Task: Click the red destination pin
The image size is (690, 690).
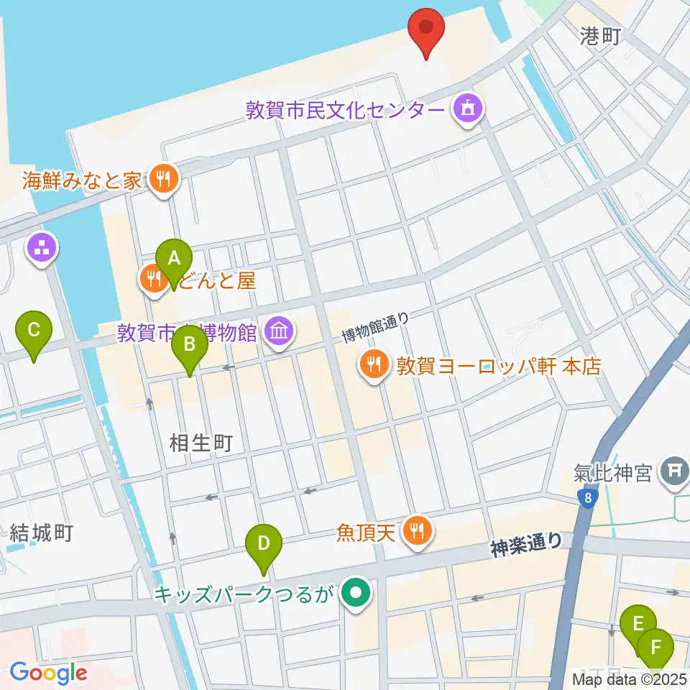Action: click(x=426, y=30)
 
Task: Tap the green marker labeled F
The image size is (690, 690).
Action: click(x=655, y=647)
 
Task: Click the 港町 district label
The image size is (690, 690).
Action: click(x=600, y=37)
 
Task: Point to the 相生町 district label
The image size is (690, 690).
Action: click(x=201, y=443)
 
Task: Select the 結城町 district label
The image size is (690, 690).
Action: click(x=42, y=533)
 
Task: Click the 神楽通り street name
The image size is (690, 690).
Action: click(x=527, y=545)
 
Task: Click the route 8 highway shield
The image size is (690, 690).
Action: click(x=588, y=498)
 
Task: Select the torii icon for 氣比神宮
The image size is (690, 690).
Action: click(x=675, y=471)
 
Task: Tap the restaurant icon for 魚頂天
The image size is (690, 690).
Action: click(x=417, y=532)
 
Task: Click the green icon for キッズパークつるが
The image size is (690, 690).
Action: click(x=355, y=594)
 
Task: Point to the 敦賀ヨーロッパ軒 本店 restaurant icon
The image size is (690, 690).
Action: click(x=374, y=367)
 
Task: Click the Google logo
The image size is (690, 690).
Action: click(x=48, y=673)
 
